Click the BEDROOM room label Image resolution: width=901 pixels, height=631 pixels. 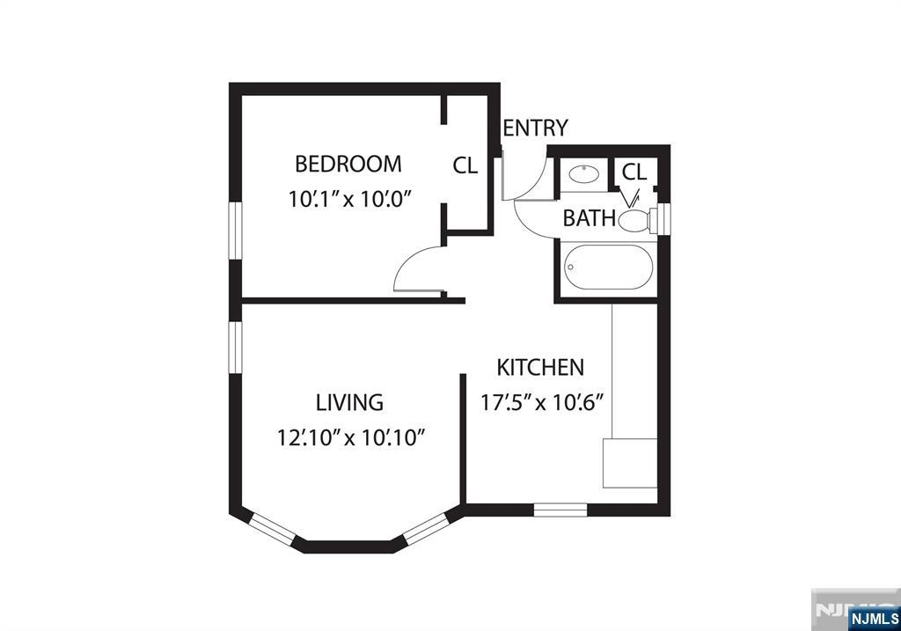[348, 165]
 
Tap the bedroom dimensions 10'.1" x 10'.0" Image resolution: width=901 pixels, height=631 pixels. [351, 200]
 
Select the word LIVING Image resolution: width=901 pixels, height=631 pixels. [349, 402]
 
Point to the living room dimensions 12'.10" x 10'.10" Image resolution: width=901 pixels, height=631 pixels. [350, 438]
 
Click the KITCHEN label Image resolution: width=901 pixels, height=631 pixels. [540, 368]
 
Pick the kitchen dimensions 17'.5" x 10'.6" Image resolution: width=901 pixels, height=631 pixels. [542, 403]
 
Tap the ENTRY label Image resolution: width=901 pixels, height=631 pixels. [536, 128]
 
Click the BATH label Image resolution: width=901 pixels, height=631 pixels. [589, 218]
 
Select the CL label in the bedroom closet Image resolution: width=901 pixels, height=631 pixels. [465, 165]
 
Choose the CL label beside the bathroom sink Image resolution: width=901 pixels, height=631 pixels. [634, 172]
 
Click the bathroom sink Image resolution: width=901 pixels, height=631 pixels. [584, 173]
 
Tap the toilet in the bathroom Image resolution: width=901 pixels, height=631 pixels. [639, 219]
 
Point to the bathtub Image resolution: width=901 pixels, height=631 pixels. [608, 268]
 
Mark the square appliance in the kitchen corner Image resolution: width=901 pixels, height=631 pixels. [630, 463]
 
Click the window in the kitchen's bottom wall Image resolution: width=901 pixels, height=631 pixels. [560, 510]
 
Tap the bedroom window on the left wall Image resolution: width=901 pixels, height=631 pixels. [236, 231]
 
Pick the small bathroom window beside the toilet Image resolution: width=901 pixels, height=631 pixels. [664, 217]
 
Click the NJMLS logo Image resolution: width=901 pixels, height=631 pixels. [874, 619]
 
